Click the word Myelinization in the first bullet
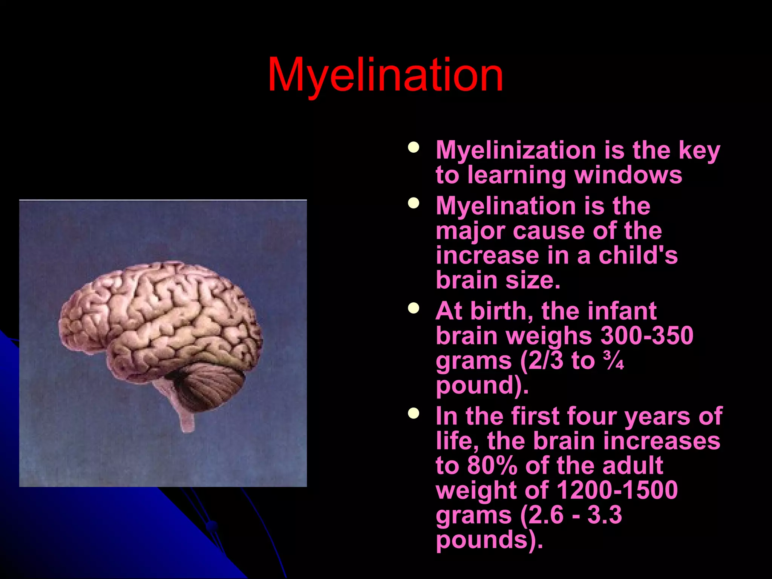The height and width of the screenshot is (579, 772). pos(516,150)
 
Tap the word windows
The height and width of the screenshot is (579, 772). pos(628,175)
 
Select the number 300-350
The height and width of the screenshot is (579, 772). pos(646,335)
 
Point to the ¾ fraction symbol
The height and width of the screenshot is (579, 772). pos(613,361)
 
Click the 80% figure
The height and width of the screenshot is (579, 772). pos(492,466)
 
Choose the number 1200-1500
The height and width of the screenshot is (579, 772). pos(617,490)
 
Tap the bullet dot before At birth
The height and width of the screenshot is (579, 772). pos(414,308)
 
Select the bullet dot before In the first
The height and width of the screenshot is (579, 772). pos(414,414)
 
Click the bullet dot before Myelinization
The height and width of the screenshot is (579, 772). pos(414,147)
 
